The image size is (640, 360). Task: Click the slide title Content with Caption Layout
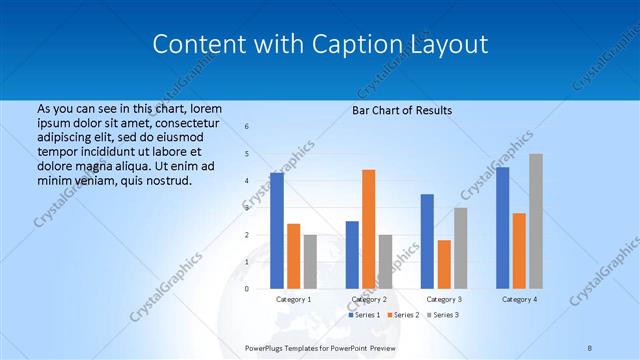[x=320, y=44]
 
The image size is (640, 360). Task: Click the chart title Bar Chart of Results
[x=402, y=110]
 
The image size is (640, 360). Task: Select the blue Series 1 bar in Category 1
[x=276, y=230]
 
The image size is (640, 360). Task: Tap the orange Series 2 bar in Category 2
[x=368, y=229]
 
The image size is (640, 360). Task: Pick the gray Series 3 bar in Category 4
[x=536, y=221]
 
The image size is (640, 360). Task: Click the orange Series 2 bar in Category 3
[x=443, y=264]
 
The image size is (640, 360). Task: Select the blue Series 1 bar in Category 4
[x=502, y=228]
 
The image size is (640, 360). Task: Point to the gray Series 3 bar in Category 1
[x=310, y=261]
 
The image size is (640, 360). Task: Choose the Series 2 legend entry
[x=403, y=315]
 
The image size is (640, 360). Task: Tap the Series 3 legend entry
[x=443, y=315]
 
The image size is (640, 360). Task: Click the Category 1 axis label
[x=293, y=299]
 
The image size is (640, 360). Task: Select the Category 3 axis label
[x=443, y=299]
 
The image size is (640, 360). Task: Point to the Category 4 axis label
[x=519, y=299]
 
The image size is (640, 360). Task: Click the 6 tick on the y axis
[x=247, y=127]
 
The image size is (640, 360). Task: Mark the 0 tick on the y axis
[x=247, y=289]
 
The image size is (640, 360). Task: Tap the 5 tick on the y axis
[x=247, y=154]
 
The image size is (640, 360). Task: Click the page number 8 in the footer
[x=590, y=348]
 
